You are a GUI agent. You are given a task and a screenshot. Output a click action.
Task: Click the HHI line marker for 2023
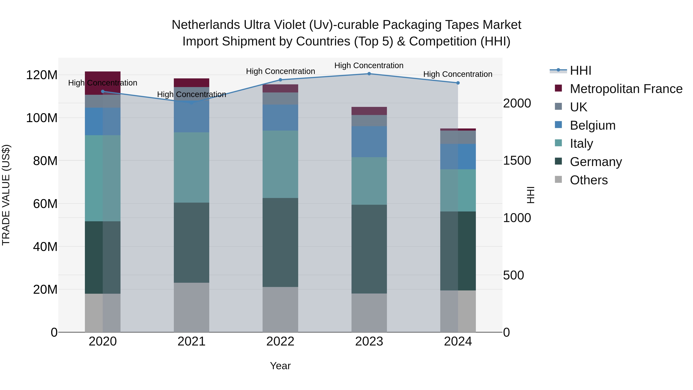pos(369,74)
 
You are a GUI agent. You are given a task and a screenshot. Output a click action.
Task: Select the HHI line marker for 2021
pos(192,103)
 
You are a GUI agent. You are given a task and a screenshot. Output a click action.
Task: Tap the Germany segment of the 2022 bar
pos(280,242)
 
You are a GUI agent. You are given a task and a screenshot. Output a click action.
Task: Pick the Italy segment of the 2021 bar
pos(192,167)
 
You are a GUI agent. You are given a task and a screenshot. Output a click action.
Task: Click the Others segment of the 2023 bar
pos(369,313)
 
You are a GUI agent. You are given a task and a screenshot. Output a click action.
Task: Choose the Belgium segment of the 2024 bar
pos(458,156)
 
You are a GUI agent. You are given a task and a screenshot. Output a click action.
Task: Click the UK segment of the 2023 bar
pos(369,121)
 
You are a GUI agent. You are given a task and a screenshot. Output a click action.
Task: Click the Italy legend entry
pos(581,143)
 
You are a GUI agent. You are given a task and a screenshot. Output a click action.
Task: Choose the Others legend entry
pos(588,180)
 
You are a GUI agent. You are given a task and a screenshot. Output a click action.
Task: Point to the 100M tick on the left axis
pos(42,118)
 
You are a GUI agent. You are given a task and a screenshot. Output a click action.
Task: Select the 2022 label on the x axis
pos(280,341)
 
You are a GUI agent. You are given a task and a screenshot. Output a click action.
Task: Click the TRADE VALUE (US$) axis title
pos(6,195)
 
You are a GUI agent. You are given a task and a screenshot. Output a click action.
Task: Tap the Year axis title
pos(280,366)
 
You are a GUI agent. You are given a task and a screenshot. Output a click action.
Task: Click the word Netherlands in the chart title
pos(206,25)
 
